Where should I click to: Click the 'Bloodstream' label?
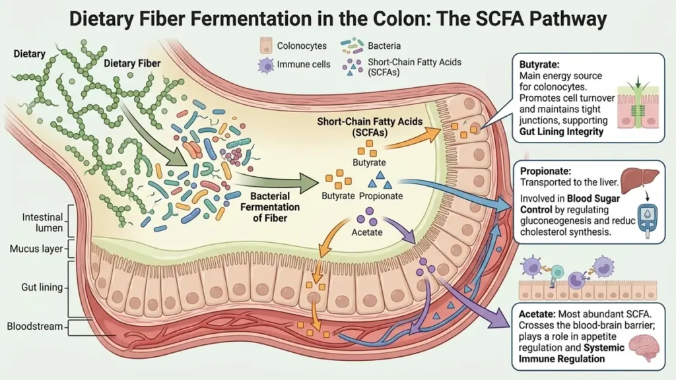point(40,327)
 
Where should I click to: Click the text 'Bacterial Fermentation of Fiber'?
point(275,206)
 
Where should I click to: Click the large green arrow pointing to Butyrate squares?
point(278,181)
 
